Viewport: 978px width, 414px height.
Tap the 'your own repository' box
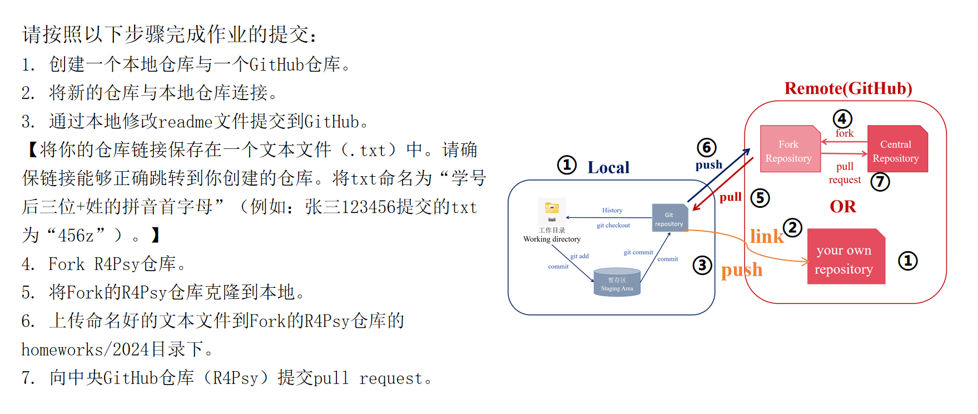pyautogui.click(x=845, y=258)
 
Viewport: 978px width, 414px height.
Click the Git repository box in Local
pyautogui.click(x=669, y=219)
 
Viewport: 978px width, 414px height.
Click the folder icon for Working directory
pyautogui.click(x=552, y=209)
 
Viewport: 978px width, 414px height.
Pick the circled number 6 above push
pyautogui.click(x=707, y=148)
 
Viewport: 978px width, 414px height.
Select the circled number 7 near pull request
pyautogui.click(x=880, y=182)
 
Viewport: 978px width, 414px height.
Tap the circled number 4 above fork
pyautogui.click(x=842, y=119)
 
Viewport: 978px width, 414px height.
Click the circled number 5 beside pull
pyautogui.click(x=760, y=198)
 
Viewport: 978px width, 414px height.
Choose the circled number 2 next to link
pyautogui.click(x=792, y=227)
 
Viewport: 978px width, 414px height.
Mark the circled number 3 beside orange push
pyautogui.click(x=702, y=265)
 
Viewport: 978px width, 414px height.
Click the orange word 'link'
pyautogui.click(x=766, y=237)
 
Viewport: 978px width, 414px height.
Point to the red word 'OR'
pyautogui.click(x=843, y=207)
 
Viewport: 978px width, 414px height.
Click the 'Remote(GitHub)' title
pyautogui.click(x=848, y=89)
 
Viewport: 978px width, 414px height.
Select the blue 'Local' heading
pyautogui.click(x=608, y=167)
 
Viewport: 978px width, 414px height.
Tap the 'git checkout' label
pyautogui.click(x=613, y=226)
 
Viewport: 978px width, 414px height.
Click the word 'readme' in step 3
pyautogui.click(x=186, y=122)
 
